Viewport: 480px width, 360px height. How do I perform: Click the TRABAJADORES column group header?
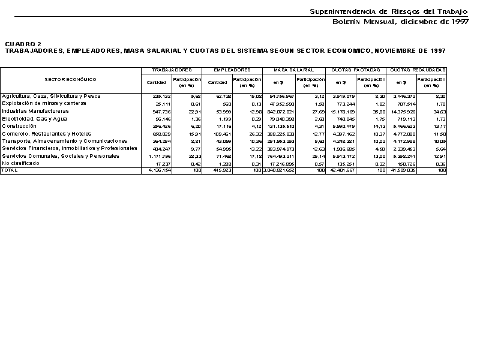(172, 70)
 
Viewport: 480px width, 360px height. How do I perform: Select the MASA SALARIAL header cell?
(294, 70)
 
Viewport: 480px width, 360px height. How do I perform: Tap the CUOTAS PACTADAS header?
(356, 70)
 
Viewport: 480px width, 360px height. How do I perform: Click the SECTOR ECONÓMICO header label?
(70, 79)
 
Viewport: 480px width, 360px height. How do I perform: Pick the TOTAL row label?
(10, 170)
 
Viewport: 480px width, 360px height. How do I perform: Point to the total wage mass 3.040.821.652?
(279, 171)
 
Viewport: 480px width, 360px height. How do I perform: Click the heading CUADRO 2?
(23, 44)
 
